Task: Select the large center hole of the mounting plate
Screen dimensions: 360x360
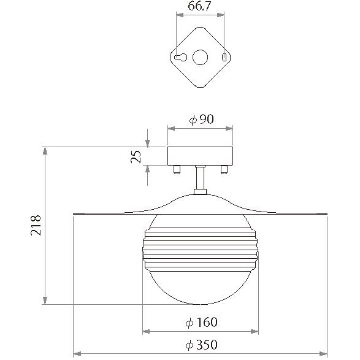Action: pos(201,58)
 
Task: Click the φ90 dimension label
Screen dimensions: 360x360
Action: pos(201,120)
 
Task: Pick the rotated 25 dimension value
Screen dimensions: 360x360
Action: pos(139,156)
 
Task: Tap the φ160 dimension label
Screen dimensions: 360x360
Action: pos(201,322)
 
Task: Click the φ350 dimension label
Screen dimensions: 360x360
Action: pos(201,345)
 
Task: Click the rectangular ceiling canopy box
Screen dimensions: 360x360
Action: pos(201,156)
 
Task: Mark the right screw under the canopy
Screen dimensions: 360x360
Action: pos(224,169)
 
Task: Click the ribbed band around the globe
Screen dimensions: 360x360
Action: pos(200,250)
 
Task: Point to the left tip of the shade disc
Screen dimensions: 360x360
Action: pos(75,213)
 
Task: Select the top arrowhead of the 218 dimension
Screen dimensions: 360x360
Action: pos(45,151)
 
